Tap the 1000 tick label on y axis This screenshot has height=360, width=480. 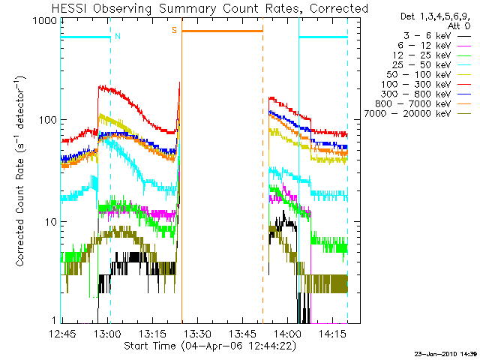coord(45,21)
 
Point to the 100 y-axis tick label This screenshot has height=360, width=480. coord(48,120)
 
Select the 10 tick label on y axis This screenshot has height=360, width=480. coord(51,222)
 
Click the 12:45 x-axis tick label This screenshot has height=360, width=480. coord(62,333)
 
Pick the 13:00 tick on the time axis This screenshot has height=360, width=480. coord(108,333)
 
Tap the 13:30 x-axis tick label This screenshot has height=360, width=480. coord(197,333)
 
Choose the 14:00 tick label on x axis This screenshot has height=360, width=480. coord(287,333)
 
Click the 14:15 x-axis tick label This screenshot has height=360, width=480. coord(332,333)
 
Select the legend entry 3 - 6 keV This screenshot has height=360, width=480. coord(427,36)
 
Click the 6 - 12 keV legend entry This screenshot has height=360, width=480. coord(424,46)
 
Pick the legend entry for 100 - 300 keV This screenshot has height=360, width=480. coord(416,85)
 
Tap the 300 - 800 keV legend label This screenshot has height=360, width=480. coord(416,94)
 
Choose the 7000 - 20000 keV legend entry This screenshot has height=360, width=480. coord(407,114)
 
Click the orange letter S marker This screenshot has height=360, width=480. coord(174,30)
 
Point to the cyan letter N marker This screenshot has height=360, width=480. coord(118,36)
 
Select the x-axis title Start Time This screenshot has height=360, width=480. coord(150,346)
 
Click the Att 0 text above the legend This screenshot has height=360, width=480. coord(458,26)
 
